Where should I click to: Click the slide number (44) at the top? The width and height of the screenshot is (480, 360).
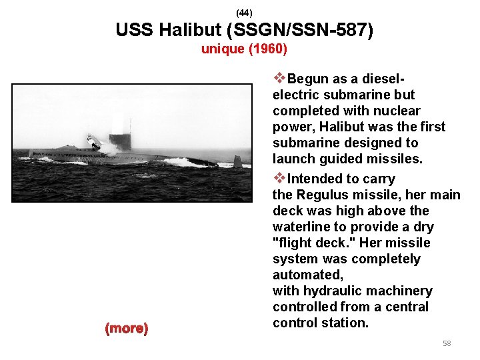tap(244, 13)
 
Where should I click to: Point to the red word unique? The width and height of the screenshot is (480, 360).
tap(222, 49)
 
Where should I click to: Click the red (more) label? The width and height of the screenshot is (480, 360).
tap(127, 328)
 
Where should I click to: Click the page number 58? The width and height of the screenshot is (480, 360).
tap(447, 343)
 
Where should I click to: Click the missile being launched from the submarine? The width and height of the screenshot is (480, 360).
tap(94, 141)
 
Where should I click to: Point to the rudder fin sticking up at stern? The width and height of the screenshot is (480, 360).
tap(237, 161)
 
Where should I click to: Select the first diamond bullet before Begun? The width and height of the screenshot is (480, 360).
tap(280, 79)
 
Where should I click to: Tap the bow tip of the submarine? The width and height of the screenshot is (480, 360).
tap(30, 154)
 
